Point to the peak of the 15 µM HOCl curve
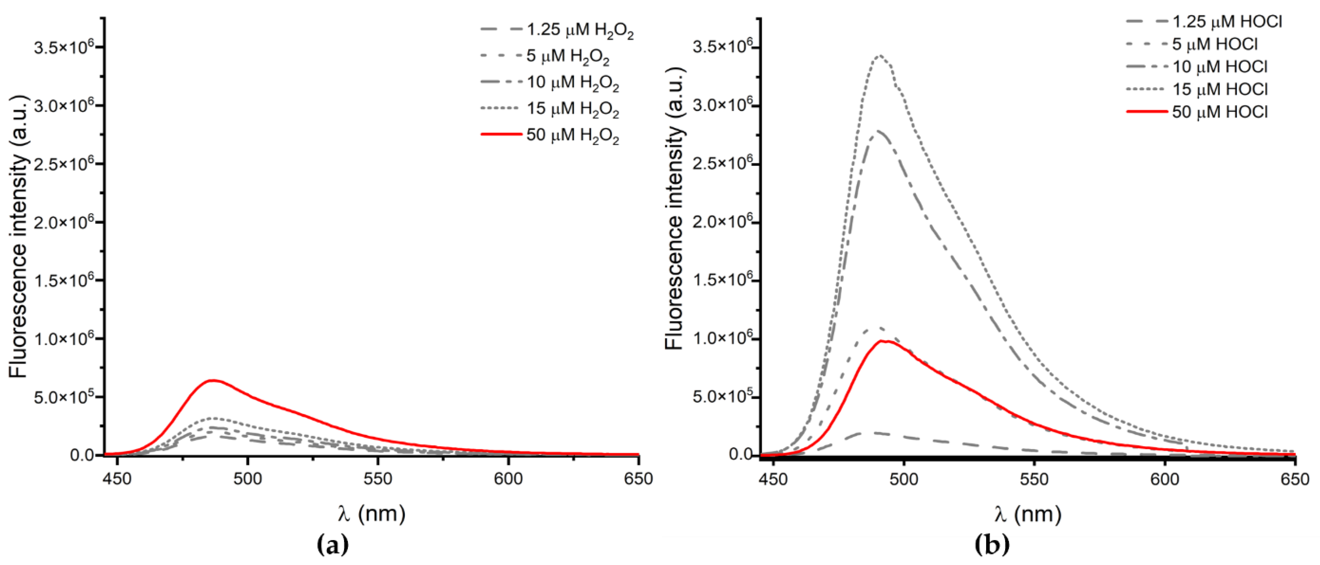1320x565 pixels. [880, 55]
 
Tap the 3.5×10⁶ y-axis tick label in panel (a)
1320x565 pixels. [64, 48]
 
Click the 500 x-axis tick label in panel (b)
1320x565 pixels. [904, 479]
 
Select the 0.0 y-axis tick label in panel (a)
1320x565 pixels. [82, 455]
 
